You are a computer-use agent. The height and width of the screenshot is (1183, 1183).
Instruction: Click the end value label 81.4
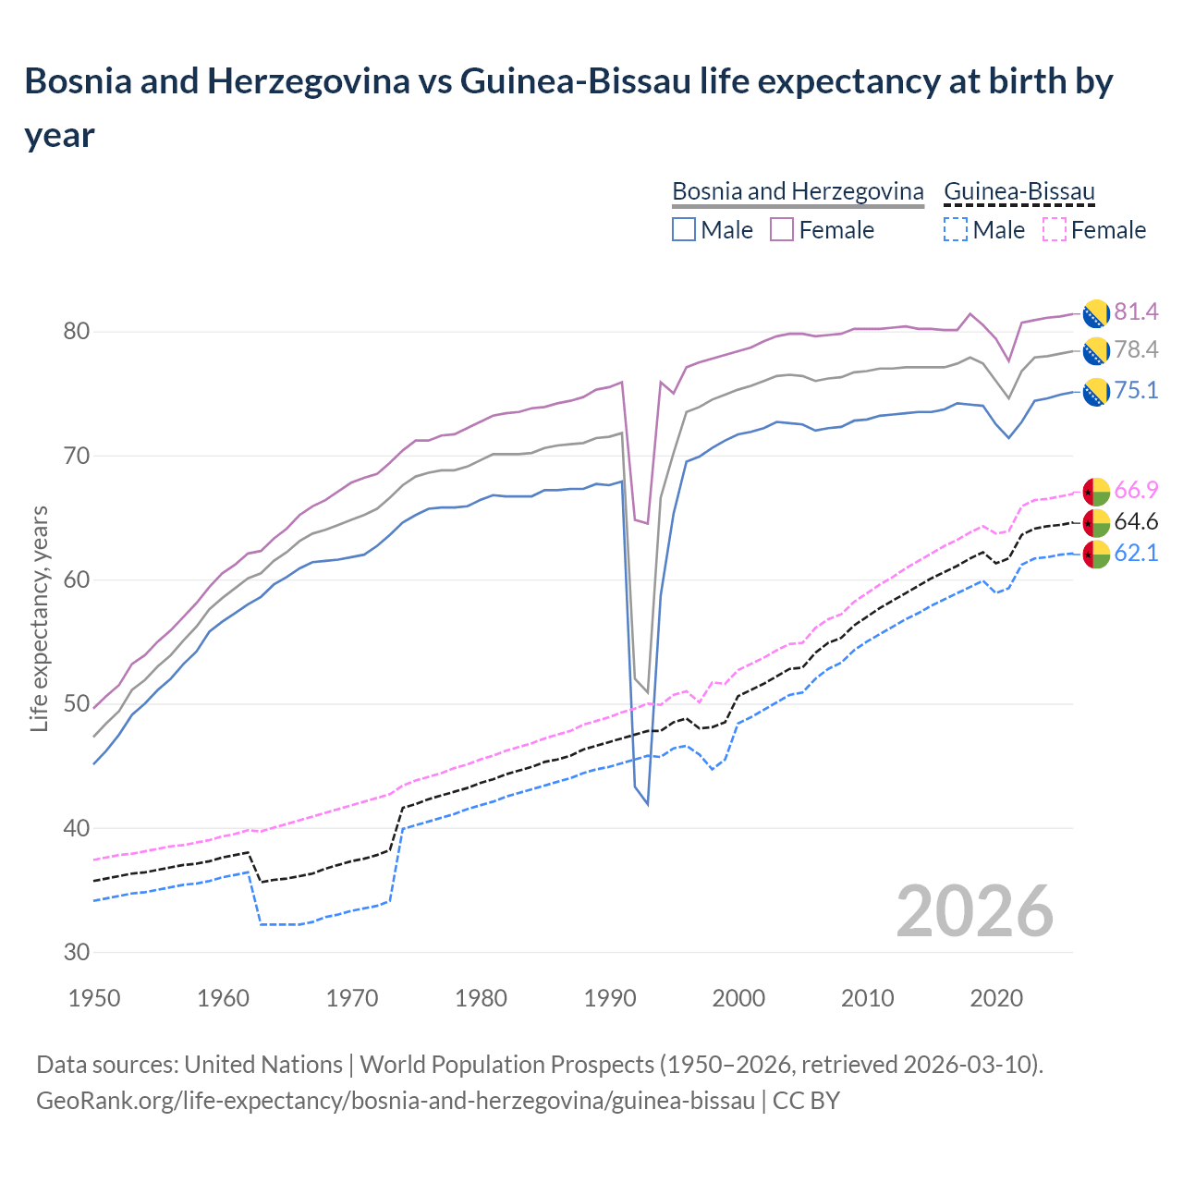point(1136,312)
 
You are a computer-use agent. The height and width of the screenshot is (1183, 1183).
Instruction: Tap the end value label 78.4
point(1136,350)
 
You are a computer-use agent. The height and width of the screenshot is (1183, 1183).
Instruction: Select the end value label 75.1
point(1136,391)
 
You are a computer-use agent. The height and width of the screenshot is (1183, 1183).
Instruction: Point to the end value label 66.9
point(1136,490)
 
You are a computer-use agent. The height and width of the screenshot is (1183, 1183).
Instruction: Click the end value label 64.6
point(1136,522)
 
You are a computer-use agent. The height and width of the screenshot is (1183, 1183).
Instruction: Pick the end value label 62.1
point(1136,554)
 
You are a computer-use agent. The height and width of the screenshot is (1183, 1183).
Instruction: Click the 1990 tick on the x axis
point(610,998)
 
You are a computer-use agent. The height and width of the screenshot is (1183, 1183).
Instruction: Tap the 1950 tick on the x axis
point(94,998)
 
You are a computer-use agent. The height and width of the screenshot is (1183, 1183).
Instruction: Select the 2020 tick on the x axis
point(996,998)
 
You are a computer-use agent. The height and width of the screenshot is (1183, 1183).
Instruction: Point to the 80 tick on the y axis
point(76,332)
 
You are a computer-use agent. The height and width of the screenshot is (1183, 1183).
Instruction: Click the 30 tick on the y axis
point(76,953)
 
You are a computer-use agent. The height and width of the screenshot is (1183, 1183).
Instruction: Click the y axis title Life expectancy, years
point(40,619)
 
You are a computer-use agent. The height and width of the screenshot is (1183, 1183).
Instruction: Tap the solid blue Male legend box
point(684,230)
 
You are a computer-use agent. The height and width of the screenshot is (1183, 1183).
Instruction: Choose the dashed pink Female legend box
point(1054,230)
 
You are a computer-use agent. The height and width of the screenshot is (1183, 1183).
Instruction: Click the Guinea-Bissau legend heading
point(1018,191)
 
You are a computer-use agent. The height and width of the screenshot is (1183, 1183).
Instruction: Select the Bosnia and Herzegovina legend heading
point(798,191)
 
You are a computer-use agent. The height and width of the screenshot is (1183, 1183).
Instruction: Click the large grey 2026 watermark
point(974,911)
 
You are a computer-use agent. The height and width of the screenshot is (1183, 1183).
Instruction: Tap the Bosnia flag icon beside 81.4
point(1095,313)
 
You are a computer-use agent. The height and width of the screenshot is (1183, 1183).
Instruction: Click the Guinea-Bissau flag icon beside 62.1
point(1095,555)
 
